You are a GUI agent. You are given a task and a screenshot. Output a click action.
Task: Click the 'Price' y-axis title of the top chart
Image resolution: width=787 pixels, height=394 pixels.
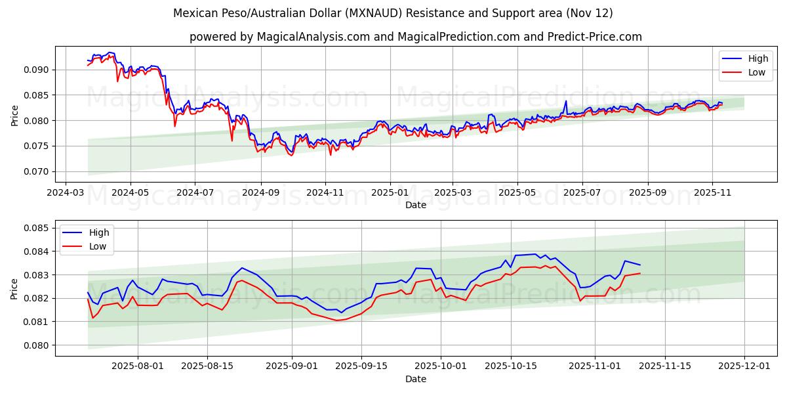15,115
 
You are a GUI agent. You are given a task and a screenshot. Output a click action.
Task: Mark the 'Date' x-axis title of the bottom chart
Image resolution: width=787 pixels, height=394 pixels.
415,379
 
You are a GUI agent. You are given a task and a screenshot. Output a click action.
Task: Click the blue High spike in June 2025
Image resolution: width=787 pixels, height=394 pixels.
565,101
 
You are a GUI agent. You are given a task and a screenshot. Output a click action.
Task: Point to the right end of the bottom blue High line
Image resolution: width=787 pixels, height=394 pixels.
640,265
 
